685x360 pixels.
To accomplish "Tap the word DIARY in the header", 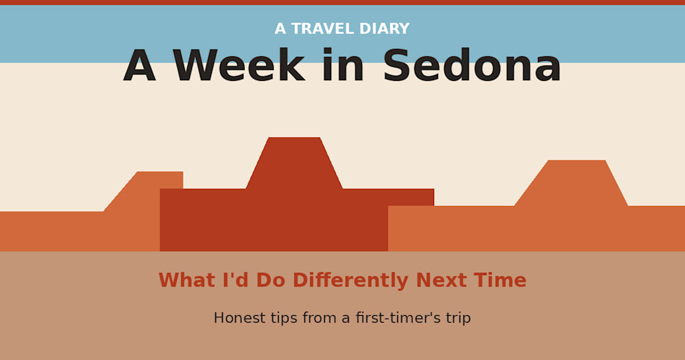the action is [x=385, y=29].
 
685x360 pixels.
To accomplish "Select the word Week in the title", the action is [x=239, y=65].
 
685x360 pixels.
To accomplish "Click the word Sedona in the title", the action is [x=472, y=65].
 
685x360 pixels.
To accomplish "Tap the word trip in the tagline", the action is [x=458, y=318].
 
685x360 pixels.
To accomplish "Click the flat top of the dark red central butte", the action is [x=294, y=138].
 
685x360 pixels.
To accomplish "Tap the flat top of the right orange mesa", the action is [x=577, y=161].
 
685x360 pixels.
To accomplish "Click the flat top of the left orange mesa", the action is [x=160, y=172].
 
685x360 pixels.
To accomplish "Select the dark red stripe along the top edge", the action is [x=342, y=2].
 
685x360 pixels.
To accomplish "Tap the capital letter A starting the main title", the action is [x=140, y=65].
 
